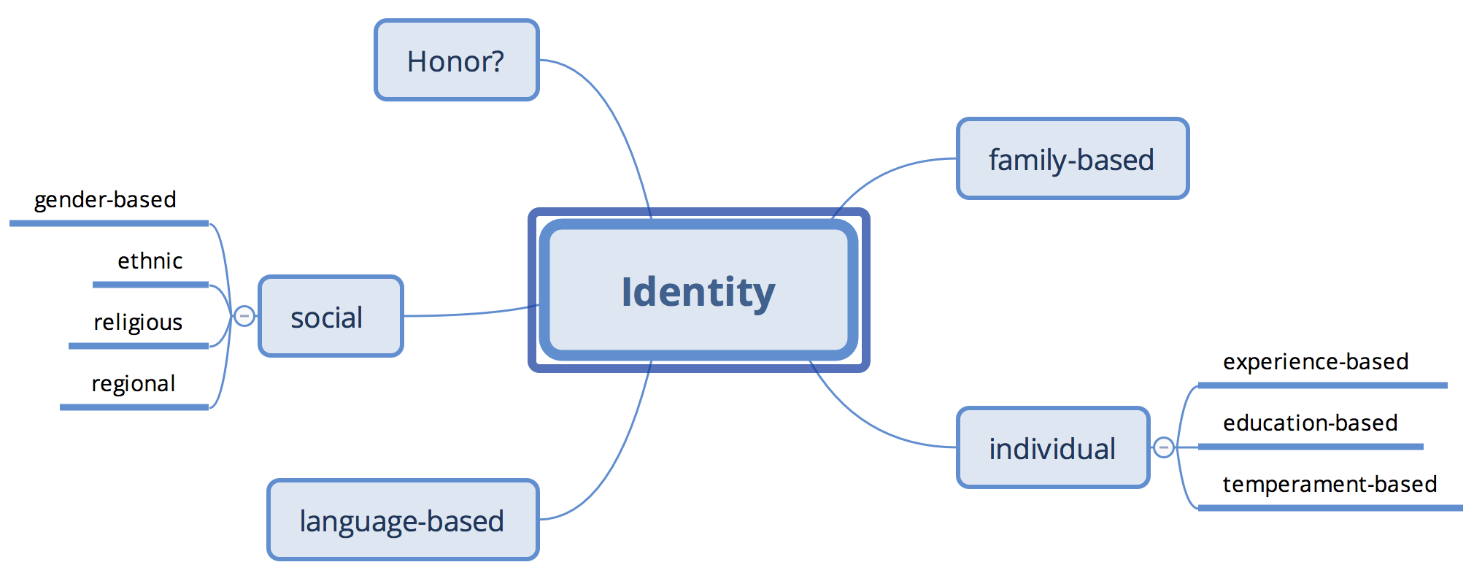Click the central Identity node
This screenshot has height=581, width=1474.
(698, 291)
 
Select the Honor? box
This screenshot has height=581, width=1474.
(456, 61)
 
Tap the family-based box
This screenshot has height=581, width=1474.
(1072, 159)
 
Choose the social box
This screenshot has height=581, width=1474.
(331, 317)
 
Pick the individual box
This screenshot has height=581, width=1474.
(1052, 448)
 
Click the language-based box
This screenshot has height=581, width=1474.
(402, 520)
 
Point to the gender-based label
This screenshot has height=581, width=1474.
(105, 199)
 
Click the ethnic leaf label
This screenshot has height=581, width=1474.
(150, 261)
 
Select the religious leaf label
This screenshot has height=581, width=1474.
(138, 322)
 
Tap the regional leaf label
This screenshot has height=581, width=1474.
(134, 383)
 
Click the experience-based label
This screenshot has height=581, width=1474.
(1315, 361)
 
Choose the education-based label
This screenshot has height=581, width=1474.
(1310, 423)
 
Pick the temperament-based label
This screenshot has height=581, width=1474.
(1330, 484)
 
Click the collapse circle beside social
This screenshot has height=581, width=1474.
(244, 316)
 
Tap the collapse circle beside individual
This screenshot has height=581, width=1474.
(1164, 447)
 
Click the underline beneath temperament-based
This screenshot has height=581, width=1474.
(1330, 507)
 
